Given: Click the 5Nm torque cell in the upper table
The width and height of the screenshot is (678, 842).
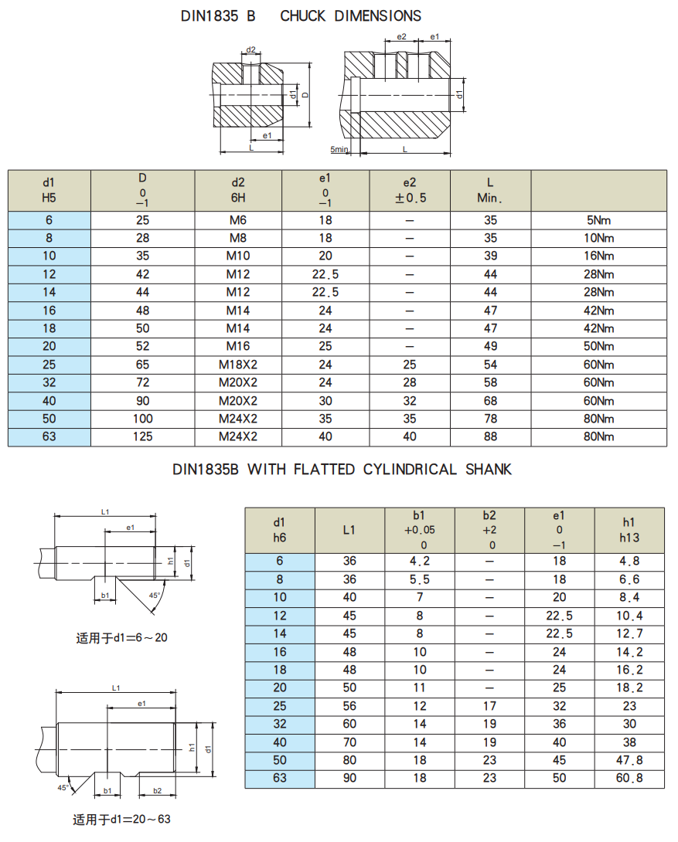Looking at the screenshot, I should point(600,220).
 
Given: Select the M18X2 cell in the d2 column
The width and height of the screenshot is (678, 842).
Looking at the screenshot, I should point(237,365).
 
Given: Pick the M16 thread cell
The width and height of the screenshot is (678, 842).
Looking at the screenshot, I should point(237,346).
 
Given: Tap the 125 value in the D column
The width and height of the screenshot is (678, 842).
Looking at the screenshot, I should point(142,436).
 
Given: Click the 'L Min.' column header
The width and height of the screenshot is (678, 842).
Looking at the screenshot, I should point(490,190).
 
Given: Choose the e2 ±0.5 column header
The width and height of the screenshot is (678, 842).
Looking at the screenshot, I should point(410,190).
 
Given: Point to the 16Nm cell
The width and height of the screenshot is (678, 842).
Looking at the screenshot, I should point(600,256).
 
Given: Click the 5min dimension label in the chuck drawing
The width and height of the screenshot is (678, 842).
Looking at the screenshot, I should point(339,149).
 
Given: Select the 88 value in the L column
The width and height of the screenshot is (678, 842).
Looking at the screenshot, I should point(490,436).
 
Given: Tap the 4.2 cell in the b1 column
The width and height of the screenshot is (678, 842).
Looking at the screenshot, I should point(420,562).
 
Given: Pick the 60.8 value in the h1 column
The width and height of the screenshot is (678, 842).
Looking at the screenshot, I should point(629,778).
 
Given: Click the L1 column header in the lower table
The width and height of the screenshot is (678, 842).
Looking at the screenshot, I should point(349,530).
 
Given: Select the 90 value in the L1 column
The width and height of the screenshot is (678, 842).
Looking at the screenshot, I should point(349,778).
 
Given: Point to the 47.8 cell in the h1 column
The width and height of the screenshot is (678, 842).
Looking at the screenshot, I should point(629,760).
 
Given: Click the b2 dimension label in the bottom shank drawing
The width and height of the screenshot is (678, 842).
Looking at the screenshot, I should point(157,790).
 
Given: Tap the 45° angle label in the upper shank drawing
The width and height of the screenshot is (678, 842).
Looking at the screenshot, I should point(155,596).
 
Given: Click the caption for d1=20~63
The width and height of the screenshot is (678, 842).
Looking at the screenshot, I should point(121,820).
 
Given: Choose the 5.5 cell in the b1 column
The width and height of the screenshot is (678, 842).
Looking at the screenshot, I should point(420,579).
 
